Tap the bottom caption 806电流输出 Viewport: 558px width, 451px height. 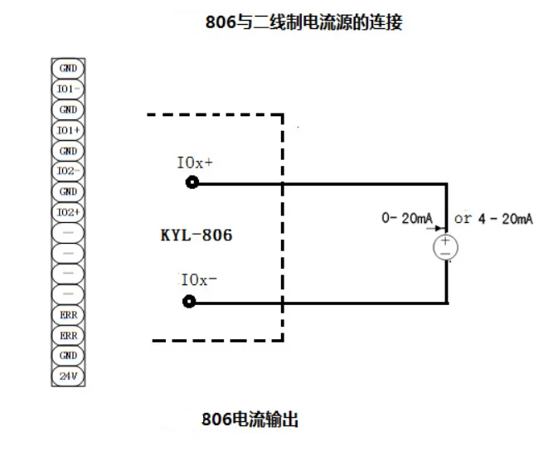pyautogui.click(x=250, y=419)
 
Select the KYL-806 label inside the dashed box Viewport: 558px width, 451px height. pyautogui.click(x=196, y=235)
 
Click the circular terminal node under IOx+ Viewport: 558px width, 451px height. pyautogui.click(x=192, y=182)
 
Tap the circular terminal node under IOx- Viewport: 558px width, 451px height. pyautogui.click(x=189, y=302)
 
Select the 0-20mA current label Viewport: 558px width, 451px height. pyautogui.click(x=406, y=218)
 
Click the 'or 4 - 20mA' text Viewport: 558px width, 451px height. pyautogui.click(x=493, y=218)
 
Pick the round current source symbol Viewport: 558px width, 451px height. pyautogui.click(x=446, y=247)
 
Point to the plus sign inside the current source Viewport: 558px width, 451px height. pyautogui.click(x=446, y=240)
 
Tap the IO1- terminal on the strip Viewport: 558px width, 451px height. pyautogui.click(x=68, y=89)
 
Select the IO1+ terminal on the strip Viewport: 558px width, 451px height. pyautogui.click(x=68, y=130)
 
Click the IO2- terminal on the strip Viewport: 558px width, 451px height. pyautogui.click(x=68, y=171)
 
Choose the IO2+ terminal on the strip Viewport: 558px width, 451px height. pyautogui.click(x=68, y=212)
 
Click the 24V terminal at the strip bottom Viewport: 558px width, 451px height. pyautogui.click(x=68, y=376)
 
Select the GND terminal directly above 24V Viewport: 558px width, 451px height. pyautogui.click(x=68, y=355)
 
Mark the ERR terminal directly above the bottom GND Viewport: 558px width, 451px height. pyautogui.click(x=68, y=335)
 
